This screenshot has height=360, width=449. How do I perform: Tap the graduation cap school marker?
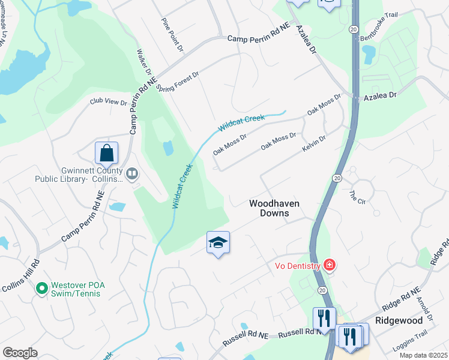click(x=218, y=242)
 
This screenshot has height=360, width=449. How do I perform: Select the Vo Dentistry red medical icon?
click(x=328, y=264)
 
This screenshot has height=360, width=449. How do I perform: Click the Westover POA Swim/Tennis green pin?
click(x=41, y=289)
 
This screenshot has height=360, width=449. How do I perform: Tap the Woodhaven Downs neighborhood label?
click(x=274, y=208)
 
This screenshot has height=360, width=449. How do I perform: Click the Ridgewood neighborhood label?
click(x=399, y=320)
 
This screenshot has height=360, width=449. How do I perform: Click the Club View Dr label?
click(x=109, y=102)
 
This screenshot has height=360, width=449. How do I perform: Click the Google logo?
click(x=20, y=353)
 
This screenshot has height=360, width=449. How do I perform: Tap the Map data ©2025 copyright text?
click(x=424, y=355)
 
